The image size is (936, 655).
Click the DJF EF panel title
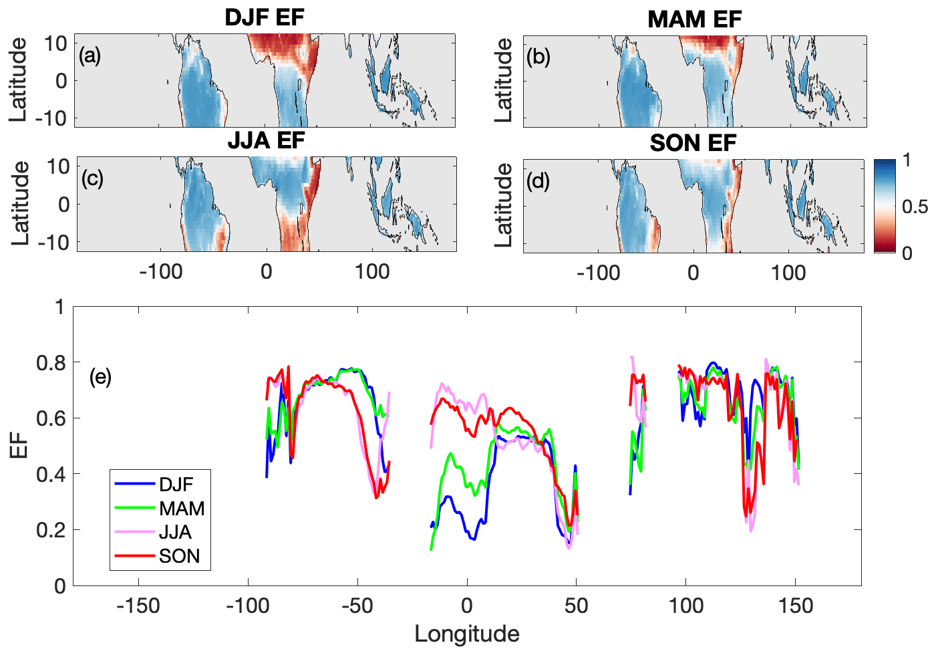(x=265, y=17)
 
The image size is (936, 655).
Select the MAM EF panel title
(x=694, y=19)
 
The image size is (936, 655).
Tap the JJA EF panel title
(x=266, y=140)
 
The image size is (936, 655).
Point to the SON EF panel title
(x=693, y=142)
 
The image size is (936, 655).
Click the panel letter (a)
(x=90, y=55)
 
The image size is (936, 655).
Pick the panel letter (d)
(x=537, y=180)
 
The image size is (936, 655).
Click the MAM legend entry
(x=182, y=508)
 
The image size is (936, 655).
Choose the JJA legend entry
(x=175, y=532)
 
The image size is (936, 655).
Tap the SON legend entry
(x=179, y=556)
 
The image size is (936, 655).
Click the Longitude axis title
(x=466, y=634)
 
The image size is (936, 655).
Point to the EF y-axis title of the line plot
(x=19, y=446)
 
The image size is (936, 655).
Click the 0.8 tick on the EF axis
(x=51, y=362)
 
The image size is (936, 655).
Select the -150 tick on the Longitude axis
(x=138, y=606)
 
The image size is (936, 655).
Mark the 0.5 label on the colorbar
(x=915, y=207)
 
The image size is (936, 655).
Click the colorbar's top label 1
(x=907, y=160)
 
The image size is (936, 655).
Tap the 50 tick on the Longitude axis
(x=576, y=606)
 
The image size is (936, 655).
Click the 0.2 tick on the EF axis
(x=51, y=530)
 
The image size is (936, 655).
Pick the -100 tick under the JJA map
(x=161, y=272)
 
